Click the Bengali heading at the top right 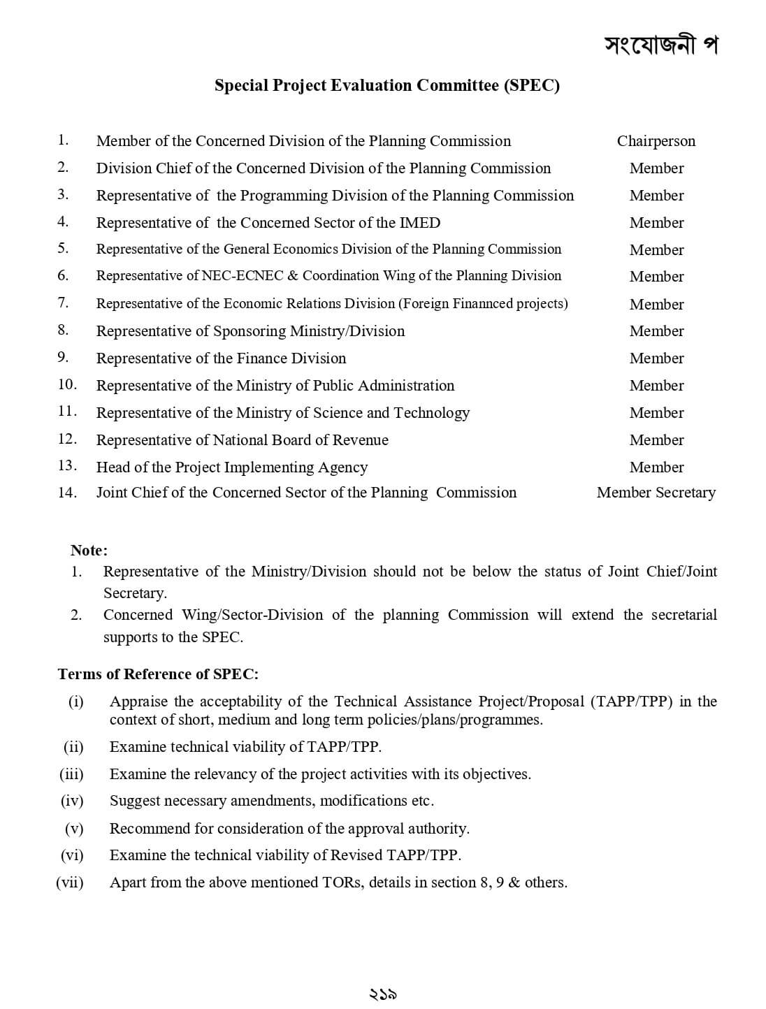click(660, 45)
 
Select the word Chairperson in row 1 click(656, 141)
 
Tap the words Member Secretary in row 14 click(656, 493)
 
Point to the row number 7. click(63, 303)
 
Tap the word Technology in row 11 click(431, 413)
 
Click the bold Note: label click(89, 550)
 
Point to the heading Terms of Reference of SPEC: click(158, 674)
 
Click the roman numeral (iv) click(72, 801)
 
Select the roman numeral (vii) click(70, 883)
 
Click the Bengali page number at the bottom click(382, 994)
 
